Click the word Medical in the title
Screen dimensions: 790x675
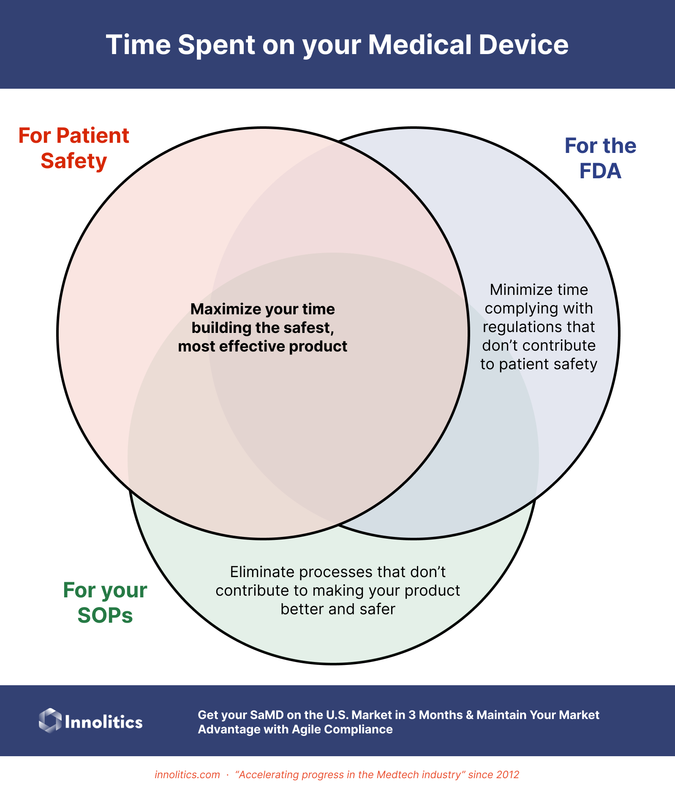419,45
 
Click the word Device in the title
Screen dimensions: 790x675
523,45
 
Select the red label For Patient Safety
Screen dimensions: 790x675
73,148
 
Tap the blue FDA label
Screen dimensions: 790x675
600,171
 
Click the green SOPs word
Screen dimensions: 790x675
105,615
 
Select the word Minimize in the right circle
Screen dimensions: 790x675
514,290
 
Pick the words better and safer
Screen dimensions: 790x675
338,609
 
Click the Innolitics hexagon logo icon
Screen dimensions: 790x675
50,720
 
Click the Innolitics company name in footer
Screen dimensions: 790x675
103,722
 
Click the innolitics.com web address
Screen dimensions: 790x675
187,774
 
